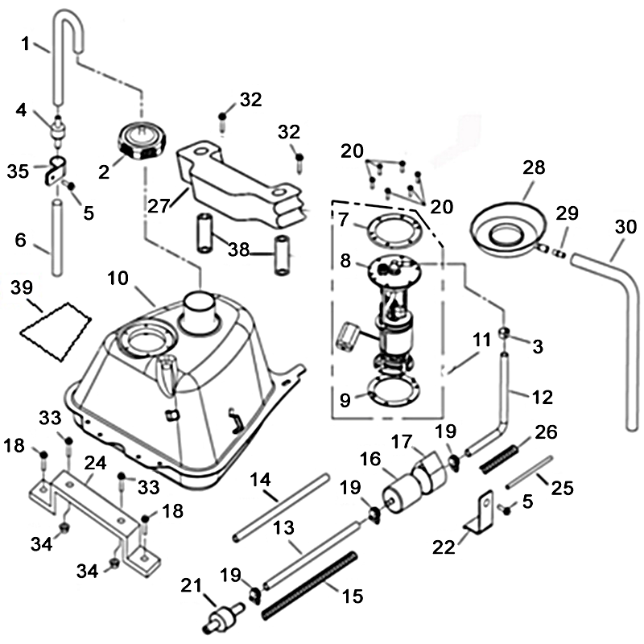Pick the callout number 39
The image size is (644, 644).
pyautogui.click(x=23, y=287)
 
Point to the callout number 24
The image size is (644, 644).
pyautogui.click(x=95, y=463)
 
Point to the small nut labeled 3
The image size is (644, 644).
pyautogui.click(x=505, y=332)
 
